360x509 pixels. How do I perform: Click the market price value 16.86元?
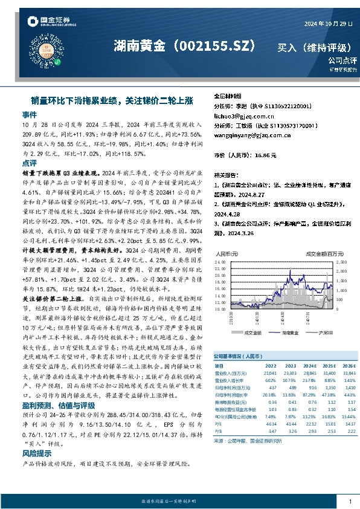266,155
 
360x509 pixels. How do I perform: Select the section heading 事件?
29,114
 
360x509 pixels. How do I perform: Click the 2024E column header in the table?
309,366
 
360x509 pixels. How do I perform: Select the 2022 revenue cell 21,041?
270,372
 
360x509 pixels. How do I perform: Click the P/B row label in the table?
219,430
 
